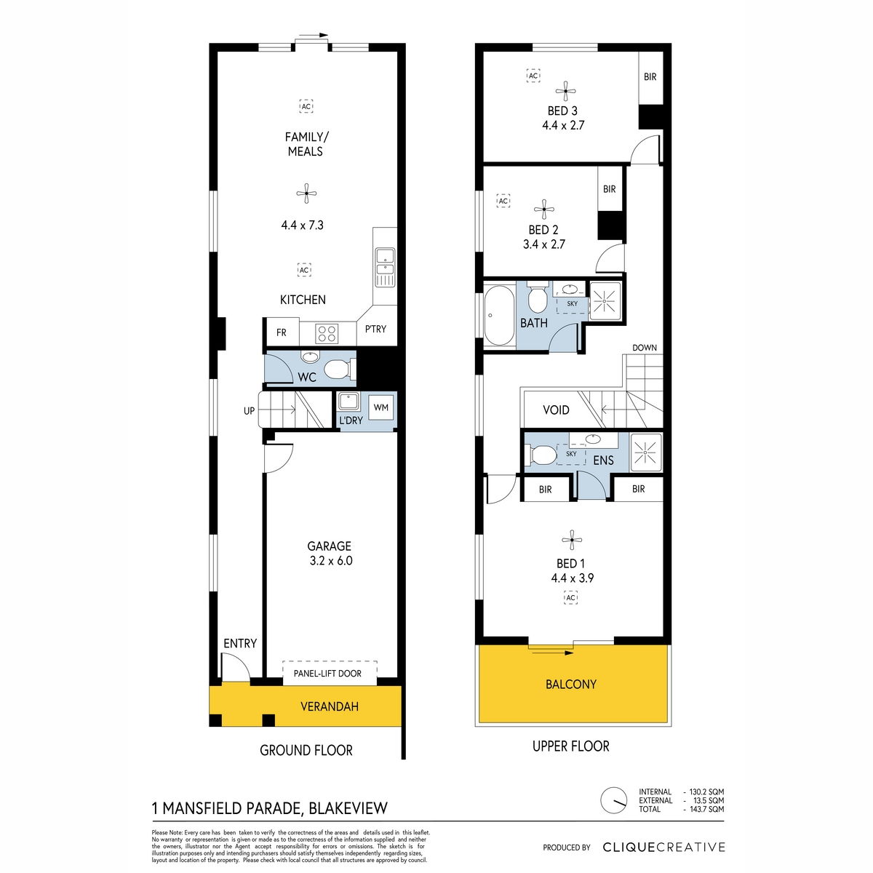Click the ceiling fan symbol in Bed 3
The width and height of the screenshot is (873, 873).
pos(565,92)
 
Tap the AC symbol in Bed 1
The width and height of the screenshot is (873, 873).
pos(570,597)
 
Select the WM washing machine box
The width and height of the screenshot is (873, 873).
pos(380,407)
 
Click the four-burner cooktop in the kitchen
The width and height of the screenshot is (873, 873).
pos(327,334)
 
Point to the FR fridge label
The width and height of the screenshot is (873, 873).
pos(282,332)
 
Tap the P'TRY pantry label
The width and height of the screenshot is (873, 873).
pos(375,329)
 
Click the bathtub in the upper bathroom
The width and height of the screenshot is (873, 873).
pos(499,315)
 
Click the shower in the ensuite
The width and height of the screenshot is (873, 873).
pos(645,453)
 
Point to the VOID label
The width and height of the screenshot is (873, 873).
pos(556,410)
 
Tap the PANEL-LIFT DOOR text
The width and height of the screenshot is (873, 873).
pos(327,673)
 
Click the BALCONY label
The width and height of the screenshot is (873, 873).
pos(571,684)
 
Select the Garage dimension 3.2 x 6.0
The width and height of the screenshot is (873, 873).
pos(331,560)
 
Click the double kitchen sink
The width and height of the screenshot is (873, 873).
pos(385,267)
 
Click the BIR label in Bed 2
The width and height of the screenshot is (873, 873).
pos(610,189)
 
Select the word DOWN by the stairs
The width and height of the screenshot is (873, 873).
pos(645,348)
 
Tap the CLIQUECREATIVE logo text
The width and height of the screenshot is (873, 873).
pos(663,848)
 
